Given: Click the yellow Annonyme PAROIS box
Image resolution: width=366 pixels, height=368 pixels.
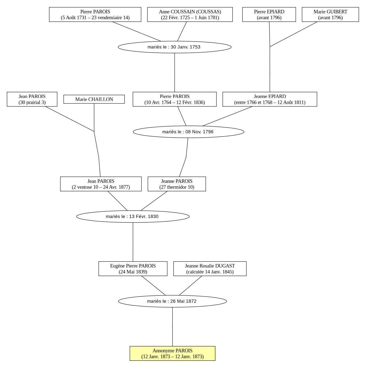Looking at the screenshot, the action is (x=172, y=353).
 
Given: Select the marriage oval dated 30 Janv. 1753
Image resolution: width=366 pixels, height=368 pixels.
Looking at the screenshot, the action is (x=174, y=47).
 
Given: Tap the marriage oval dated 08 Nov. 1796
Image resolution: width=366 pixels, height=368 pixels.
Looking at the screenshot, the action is (x=188, y=132).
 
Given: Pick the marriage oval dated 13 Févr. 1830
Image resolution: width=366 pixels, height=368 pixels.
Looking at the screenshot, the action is (x=133, y=216).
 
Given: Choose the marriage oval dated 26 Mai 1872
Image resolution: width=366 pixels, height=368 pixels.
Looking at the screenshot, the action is (x=172, y=301).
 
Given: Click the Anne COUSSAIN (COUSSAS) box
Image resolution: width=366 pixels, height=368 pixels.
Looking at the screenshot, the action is (x=190, y=14).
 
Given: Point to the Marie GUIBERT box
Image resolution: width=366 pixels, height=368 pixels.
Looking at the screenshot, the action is (x=330, y=14).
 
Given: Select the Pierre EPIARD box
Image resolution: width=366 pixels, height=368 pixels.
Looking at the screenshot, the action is (x=269, y=14).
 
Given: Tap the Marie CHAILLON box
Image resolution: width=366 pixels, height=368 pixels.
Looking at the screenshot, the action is (x=94, y=99).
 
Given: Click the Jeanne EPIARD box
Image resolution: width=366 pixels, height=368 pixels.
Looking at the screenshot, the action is (x=270, y=99).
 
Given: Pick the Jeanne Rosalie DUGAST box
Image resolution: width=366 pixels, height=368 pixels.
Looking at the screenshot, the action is (x=210, y=268).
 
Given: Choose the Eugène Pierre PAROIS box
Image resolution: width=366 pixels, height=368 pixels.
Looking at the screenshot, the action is (x=133, y=268).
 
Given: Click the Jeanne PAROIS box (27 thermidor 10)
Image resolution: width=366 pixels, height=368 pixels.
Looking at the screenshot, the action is (x=177, y=184).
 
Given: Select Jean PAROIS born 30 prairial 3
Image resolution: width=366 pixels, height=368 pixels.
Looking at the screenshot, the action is (x=32, y=99).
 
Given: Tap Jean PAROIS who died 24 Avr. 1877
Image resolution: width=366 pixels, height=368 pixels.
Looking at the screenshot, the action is (x=101, y=184).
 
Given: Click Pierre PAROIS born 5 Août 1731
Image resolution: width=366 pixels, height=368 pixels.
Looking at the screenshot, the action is (x=95, y=14).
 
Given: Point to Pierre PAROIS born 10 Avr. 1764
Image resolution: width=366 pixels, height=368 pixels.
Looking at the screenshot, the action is (x=175, y=99).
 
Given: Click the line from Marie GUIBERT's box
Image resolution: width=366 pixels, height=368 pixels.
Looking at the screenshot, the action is (x=294, y=34).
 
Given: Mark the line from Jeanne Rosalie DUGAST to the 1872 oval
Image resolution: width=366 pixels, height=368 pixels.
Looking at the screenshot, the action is (x=190, y=286).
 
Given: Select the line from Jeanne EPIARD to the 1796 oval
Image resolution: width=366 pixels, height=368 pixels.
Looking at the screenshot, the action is (x=227, y=116).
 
